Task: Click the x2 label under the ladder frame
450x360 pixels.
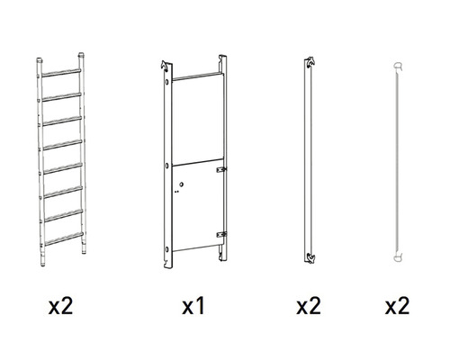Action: pos(60,306)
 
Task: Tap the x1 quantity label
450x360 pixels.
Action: pos(193,306)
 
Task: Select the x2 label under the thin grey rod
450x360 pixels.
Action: pos(397,306)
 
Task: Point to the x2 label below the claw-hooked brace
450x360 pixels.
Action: pos(309,306)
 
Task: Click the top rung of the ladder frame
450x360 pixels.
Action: pos(61,73)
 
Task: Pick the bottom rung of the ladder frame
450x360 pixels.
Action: pos(64,238)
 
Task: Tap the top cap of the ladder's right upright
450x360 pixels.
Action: pos(81,56)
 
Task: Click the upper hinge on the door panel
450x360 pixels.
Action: pos(221,169)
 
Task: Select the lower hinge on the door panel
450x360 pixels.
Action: pos(221,234)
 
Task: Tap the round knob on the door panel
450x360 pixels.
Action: pos(181,184)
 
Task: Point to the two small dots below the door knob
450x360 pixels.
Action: pos(176,191)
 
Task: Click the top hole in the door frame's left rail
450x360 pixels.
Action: pos(167,81)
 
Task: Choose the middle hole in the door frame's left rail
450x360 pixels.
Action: pos(167,166)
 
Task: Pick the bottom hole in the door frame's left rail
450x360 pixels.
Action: pos(167,249)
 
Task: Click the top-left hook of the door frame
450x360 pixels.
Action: pos(164,65)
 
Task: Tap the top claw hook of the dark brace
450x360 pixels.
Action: pos(310,61)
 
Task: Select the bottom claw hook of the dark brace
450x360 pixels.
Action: pos(310,258)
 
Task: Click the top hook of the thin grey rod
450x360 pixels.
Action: pos(398,66)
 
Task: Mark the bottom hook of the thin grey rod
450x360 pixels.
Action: pos(398,257)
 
